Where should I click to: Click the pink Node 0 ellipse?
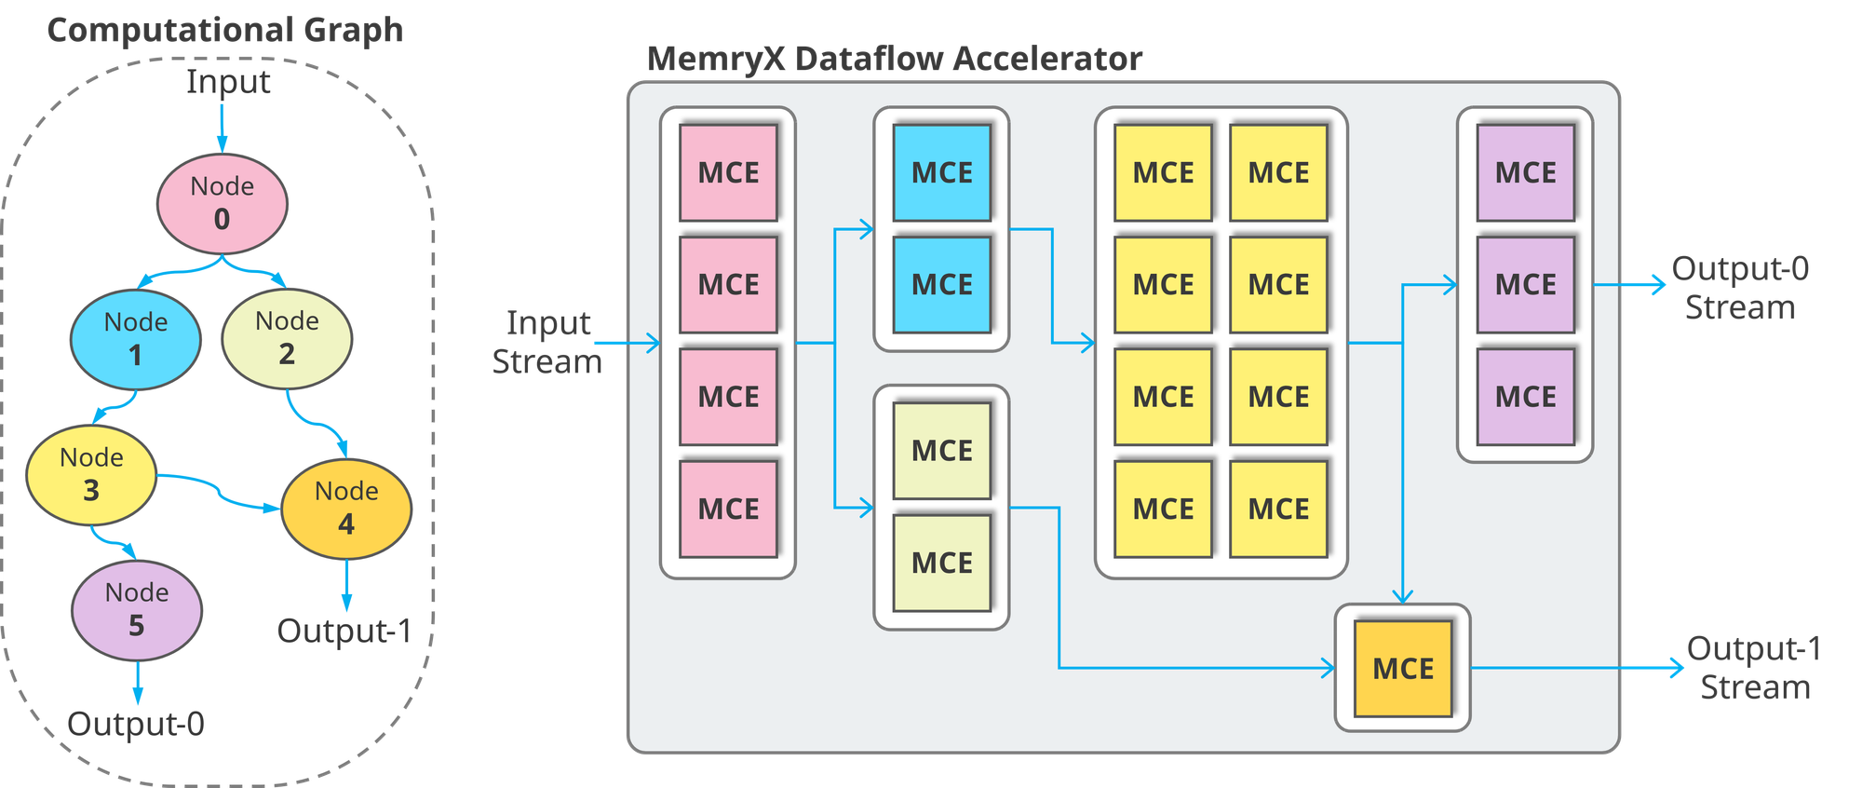pos(222,203)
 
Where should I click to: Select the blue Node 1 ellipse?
pos(136,339)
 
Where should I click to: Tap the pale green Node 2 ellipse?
pos(287,337)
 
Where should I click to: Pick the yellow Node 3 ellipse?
pos(91,474)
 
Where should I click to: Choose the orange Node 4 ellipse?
pos(346,509)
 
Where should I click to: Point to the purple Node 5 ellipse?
pos(137,610)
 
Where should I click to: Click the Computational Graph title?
pos(225,30)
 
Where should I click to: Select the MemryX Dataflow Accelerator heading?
pos(895,59)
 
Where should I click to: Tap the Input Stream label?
pos(547,343)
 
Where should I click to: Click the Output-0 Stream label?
pos(1740,287)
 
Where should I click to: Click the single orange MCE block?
pos(1403,668)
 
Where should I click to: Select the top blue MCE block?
pos(941,172)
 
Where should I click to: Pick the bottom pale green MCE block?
pos(941,563)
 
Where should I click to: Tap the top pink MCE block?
pos(728,172)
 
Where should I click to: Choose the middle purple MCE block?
pos(1525,284)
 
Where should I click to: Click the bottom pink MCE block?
pos(728,509)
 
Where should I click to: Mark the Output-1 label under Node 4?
pos(344,631)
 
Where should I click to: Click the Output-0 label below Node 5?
pos(136,724)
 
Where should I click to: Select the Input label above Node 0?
pos(228,82)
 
